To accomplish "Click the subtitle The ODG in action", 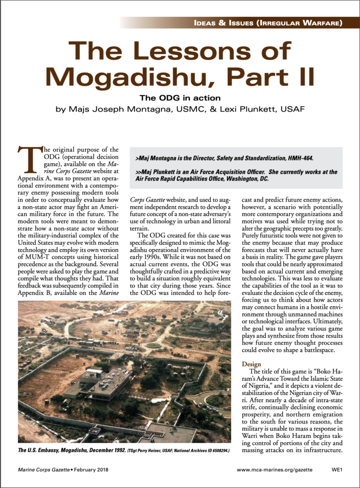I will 180,98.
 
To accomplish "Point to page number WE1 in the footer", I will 338,469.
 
